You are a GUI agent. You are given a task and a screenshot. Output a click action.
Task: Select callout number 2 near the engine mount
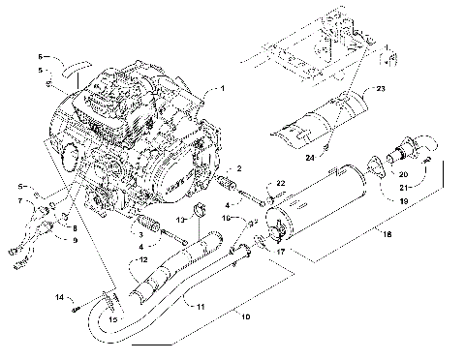[239, 169]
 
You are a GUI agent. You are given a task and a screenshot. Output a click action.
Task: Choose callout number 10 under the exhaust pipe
[245, 316]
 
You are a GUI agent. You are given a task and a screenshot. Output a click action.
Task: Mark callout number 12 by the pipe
[141, 259]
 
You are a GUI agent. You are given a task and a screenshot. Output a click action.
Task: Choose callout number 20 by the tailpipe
[404, 174]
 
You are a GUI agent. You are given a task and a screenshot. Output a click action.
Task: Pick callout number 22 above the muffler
[281, 183]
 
